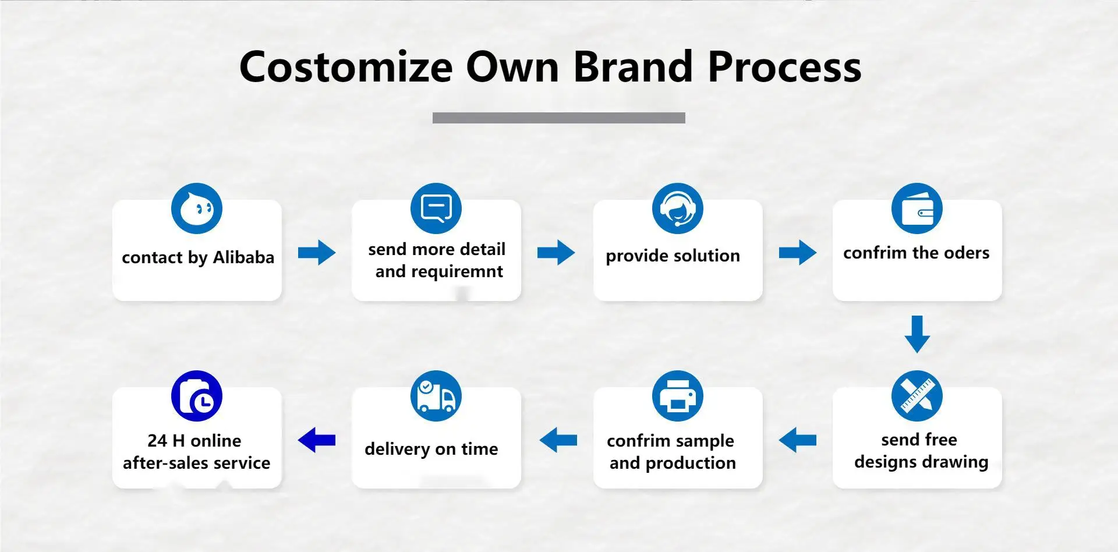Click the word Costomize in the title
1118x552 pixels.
click(x=346, y=67)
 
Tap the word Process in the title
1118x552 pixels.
click(x=784, y=67)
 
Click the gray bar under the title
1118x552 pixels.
click(x=559, y=118)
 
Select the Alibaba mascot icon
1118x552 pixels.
click(x=197, y=208)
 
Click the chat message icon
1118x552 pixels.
click(x=436, y=208)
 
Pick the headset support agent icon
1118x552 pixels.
click(x=678, y=208)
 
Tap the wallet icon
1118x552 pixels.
click(x=917, y=208)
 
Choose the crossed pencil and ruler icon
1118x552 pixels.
click(x=917, y=396)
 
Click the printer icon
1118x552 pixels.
click(x=678, y=396)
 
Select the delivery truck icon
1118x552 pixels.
click(x=436, y=396)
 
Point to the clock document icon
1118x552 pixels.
click(x=197, y=396)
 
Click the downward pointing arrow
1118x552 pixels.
click(x=917, y=334)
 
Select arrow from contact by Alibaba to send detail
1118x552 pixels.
click(x=317, y=253)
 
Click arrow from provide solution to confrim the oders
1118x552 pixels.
click(x=798, y=253)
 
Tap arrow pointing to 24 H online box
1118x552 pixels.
click(x=317, y=440)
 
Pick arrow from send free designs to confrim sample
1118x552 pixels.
click(x=798, y=440)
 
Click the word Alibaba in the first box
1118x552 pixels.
click(x=243, y=257)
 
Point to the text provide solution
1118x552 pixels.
click(x=673, y=256)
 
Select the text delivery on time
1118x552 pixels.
click(x=431, y=449)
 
